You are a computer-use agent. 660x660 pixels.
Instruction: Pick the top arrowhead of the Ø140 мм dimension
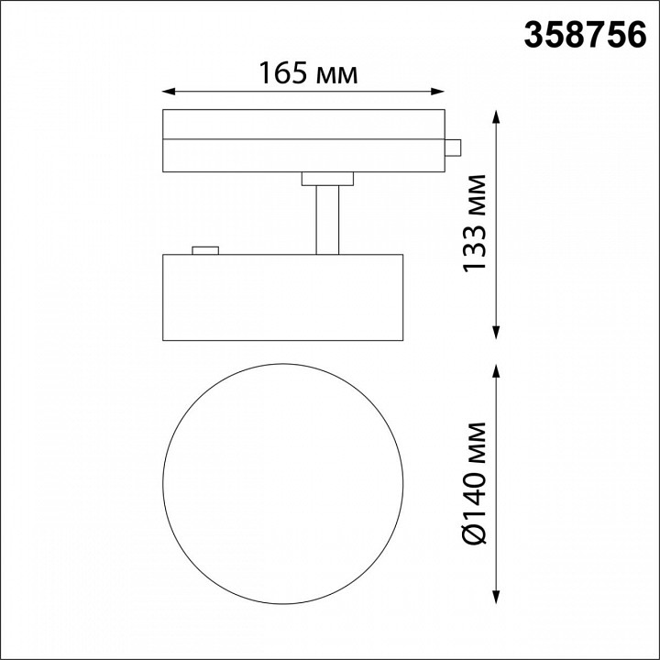click(x=497, y=369)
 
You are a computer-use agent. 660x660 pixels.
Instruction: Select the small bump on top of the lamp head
click(x=204, y=248)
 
